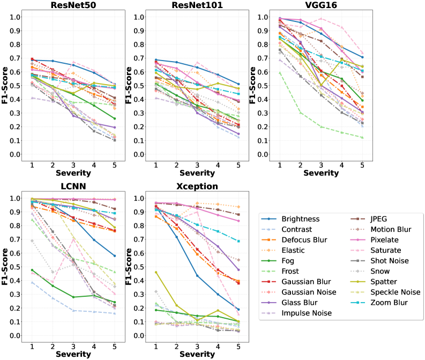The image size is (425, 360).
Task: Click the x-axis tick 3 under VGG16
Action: coord(321,167)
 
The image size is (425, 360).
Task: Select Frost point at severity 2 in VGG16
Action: coord(300,112)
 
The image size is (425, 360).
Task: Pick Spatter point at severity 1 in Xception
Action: coord(156,272)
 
